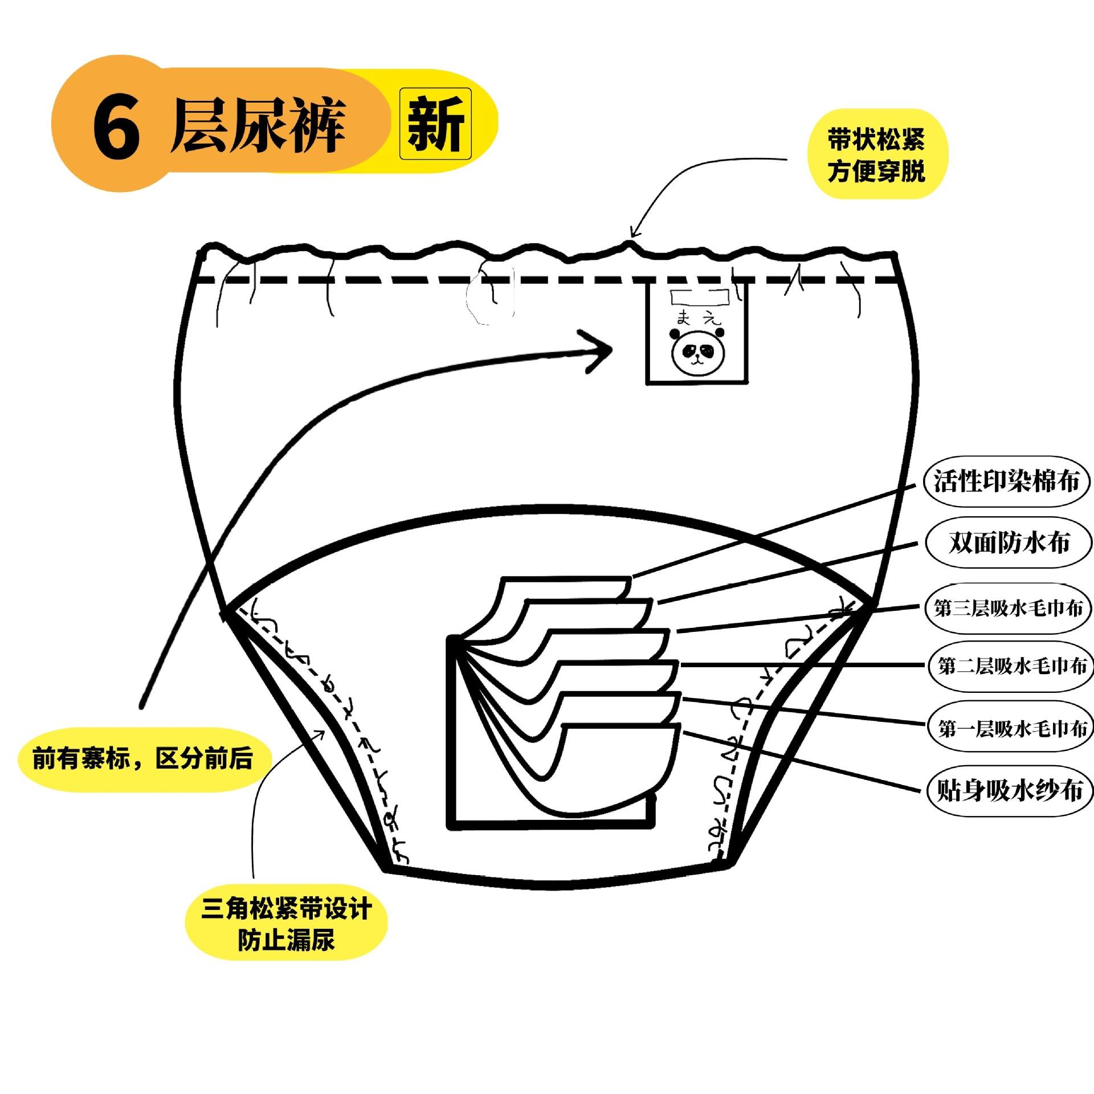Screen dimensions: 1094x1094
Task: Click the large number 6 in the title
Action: [116, 127]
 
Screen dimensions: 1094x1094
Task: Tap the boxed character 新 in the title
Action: [435, 124]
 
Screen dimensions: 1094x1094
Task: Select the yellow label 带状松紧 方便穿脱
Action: [876, 154]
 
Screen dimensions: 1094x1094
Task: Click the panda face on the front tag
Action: [697, 352]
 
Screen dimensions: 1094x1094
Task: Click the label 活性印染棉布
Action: [1007, 481]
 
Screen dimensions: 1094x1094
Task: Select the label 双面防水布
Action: [1009, 543]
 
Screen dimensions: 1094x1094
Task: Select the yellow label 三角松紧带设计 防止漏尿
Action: [286, 924]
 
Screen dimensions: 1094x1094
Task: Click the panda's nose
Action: [696, 356]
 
